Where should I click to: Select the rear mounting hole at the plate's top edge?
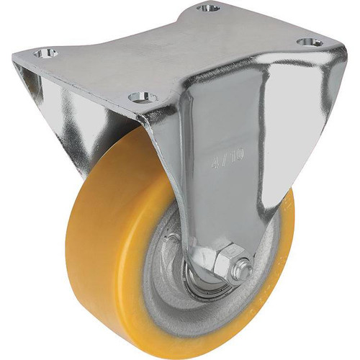click(x=209, y=9)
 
